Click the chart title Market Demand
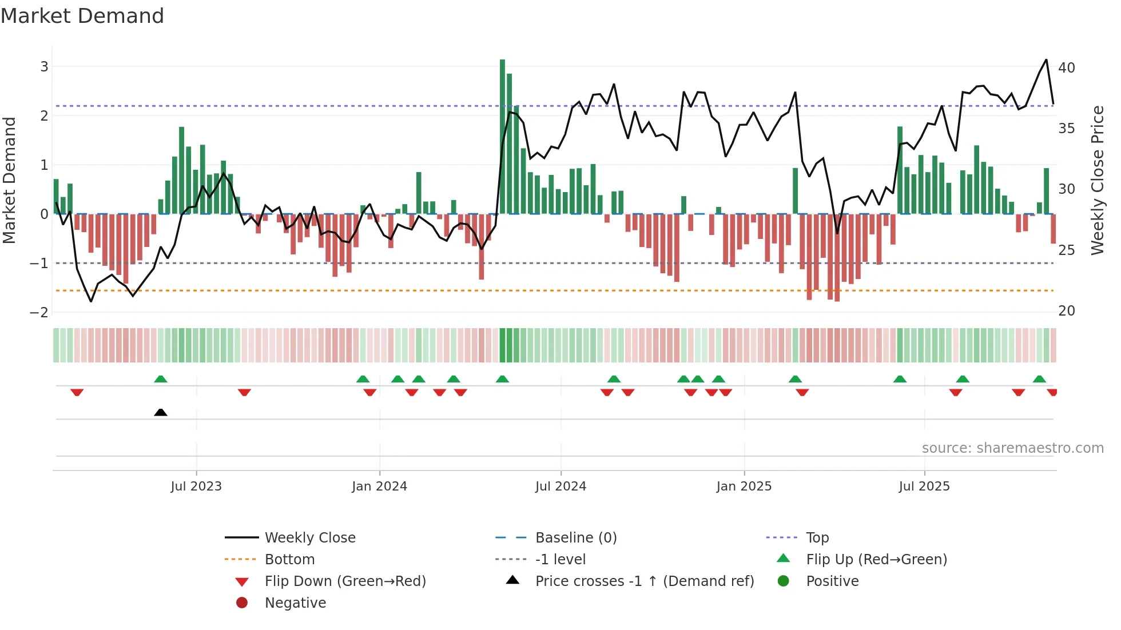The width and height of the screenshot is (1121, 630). click(x=82, y=16)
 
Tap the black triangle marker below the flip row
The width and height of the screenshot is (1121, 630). click(x=161, y=412)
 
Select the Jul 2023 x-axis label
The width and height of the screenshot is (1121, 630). click(x=196, y=487)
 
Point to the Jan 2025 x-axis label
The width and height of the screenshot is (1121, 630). click(x=744, y=487)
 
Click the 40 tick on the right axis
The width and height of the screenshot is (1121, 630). click(x=1066, y=68)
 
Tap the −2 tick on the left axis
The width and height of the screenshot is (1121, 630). click(x=39, y=312)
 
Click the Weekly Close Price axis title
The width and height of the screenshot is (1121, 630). click(x=1097, y=180)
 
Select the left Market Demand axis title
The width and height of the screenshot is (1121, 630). click(x=9, y=180)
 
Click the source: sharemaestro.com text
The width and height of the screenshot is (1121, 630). click(x=1012, y=448)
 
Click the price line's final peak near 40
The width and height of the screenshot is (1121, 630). click(x=1046, y=60)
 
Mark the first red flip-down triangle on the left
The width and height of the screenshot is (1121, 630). click(x=77, y=392)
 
